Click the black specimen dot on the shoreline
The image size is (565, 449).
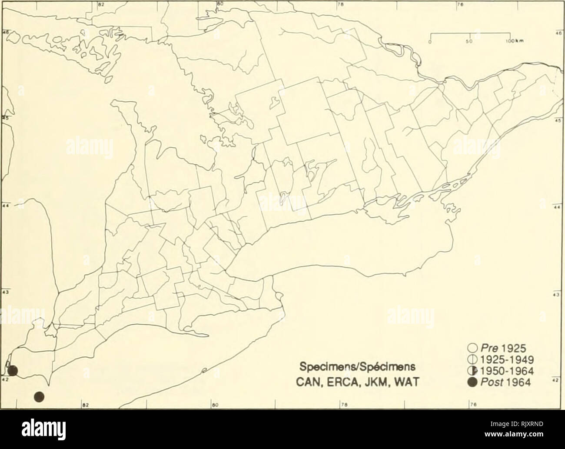pos(13,371)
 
